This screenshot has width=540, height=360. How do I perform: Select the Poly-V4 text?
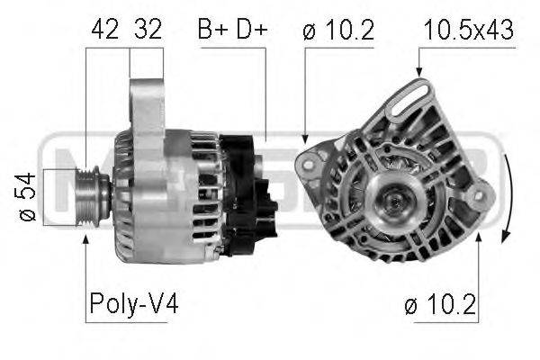click(133, 304)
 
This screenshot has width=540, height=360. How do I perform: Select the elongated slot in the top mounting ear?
click(410, 100)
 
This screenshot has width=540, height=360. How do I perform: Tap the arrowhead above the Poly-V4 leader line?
click(85, 238)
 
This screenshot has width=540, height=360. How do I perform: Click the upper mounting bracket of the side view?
click(146, 108)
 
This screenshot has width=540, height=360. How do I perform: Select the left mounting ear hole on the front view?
click(308, 163)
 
